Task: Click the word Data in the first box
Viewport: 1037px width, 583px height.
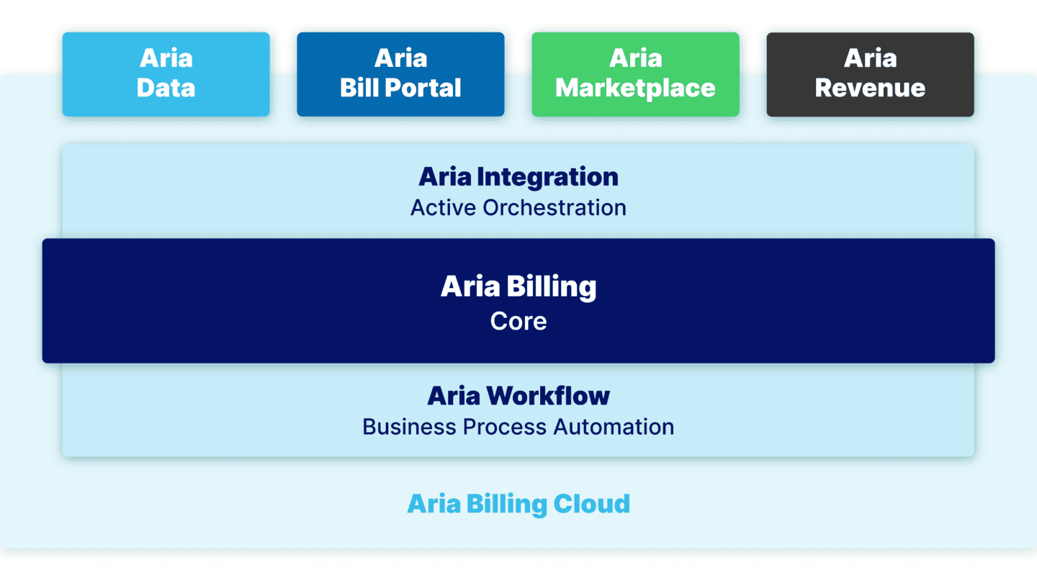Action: (x=166, y=88)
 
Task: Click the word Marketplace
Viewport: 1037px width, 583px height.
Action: (x=635, y=88)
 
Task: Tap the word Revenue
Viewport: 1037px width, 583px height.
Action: (x=870, y=88)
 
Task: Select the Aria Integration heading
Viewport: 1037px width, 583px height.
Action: (x=518, y=176)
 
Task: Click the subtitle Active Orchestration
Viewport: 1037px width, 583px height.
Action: (x=518, y=208)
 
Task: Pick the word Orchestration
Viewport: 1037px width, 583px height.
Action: (x=555, y=208)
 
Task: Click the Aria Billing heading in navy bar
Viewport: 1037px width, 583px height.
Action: (x=518, y=286)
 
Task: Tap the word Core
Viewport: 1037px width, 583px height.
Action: (x=518, y=320)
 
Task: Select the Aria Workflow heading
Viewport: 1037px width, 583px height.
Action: (x=518, y=395)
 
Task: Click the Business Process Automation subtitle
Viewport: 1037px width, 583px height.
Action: (x=518, y=427)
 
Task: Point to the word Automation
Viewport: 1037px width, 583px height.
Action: (x=614, y=427)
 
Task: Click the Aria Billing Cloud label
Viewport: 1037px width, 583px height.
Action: (x=518, y=503)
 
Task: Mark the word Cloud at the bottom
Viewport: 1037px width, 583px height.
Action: (x=591, y=503)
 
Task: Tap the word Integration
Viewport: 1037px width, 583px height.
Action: (x=547, y=176)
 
